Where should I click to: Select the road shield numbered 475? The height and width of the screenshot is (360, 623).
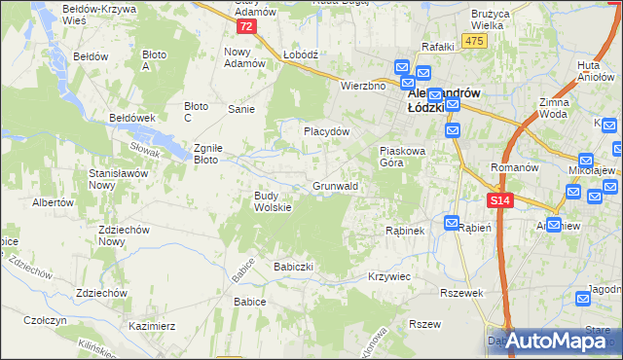click(x=474, y=40)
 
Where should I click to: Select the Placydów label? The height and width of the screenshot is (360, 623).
click(x=326, y=130)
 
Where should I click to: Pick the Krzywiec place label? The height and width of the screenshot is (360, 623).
click(x=389, y=276)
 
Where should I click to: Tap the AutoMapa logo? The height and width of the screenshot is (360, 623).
click(x=552, y=341)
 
